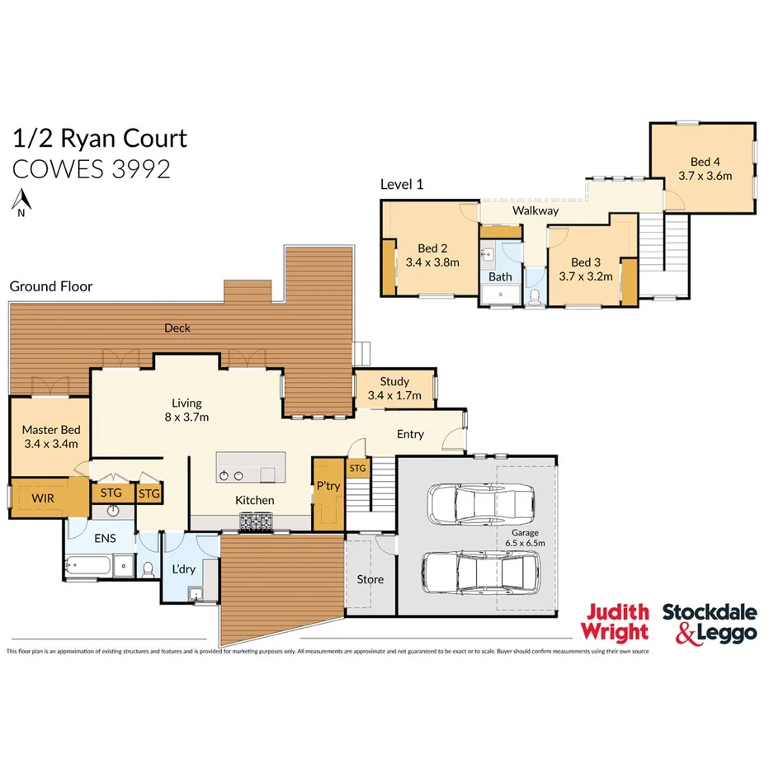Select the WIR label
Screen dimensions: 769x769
(x=43, y=498)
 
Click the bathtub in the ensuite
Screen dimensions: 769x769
(x=88, y=565)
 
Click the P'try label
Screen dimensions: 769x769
(x=328, y=486)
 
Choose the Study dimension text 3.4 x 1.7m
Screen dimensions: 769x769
(x=394, y=396)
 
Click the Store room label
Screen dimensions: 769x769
(x=370, y=579)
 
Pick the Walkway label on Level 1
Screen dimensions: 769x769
(x=535, y=211)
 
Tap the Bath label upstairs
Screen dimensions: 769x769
(x=500, y=277)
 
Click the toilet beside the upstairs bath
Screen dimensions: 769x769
(x=535, y=295)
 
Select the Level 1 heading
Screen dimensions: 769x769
(x=402, y=185)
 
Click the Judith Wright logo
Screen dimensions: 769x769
(x=617, y=622)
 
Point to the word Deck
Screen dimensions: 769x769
(x=177, y=328)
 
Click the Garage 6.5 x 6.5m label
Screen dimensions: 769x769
(x=525, y=538)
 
